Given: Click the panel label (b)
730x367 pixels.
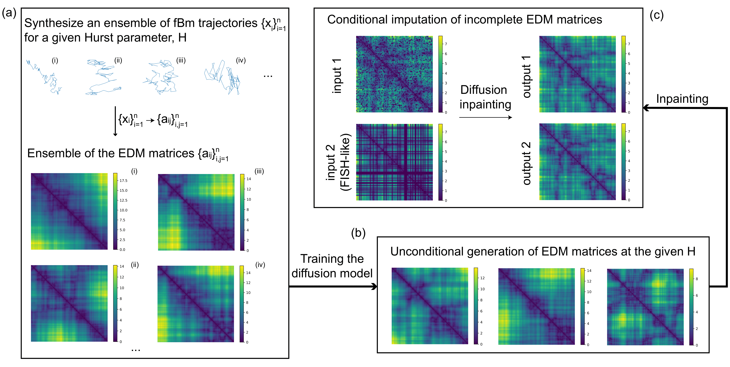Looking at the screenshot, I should [358, 233].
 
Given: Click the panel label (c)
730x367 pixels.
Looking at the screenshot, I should [656, 15].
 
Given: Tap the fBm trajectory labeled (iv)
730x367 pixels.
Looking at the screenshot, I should [223, 77].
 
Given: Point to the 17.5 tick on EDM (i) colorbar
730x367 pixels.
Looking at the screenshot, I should [123, 181].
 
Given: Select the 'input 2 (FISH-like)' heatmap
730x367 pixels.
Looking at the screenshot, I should [394, 162].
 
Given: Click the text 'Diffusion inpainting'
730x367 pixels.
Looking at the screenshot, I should [485, 97].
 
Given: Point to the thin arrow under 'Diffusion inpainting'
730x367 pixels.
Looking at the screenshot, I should [485, 117].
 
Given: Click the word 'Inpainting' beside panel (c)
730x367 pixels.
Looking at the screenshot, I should [682, 99].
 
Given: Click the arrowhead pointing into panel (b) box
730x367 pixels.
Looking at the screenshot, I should [375, 286].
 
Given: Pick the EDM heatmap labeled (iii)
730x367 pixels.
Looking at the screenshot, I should [196, 212].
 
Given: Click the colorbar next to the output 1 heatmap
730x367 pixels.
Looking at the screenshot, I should [623, 74].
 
